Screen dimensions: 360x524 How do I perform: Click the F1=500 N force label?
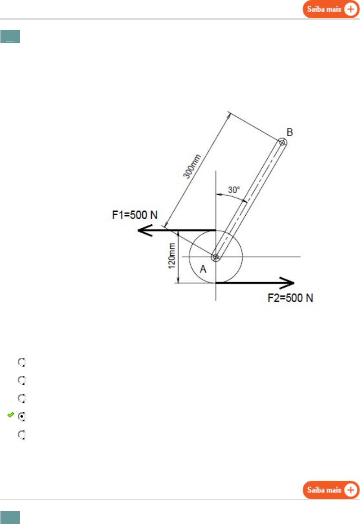click(135, 215)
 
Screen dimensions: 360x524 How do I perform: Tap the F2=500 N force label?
click(290, 298)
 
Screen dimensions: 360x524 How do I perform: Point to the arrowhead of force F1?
click(145, 230)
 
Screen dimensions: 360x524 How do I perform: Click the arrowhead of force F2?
click(287, 283)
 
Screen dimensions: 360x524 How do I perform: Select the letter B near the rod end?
click(290, 132)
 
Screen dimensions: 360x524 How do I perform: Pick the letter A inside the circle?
click(203, 269)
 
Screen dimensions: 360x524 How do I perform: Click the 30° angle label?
click(234, 190)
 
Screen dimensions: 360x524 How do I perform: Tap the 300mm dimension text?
click(192, 166)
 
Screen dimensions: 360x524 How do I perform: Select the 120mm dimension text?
click(172, 256)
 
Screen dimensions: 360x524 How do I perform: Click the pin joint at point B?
click(282, 142)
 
